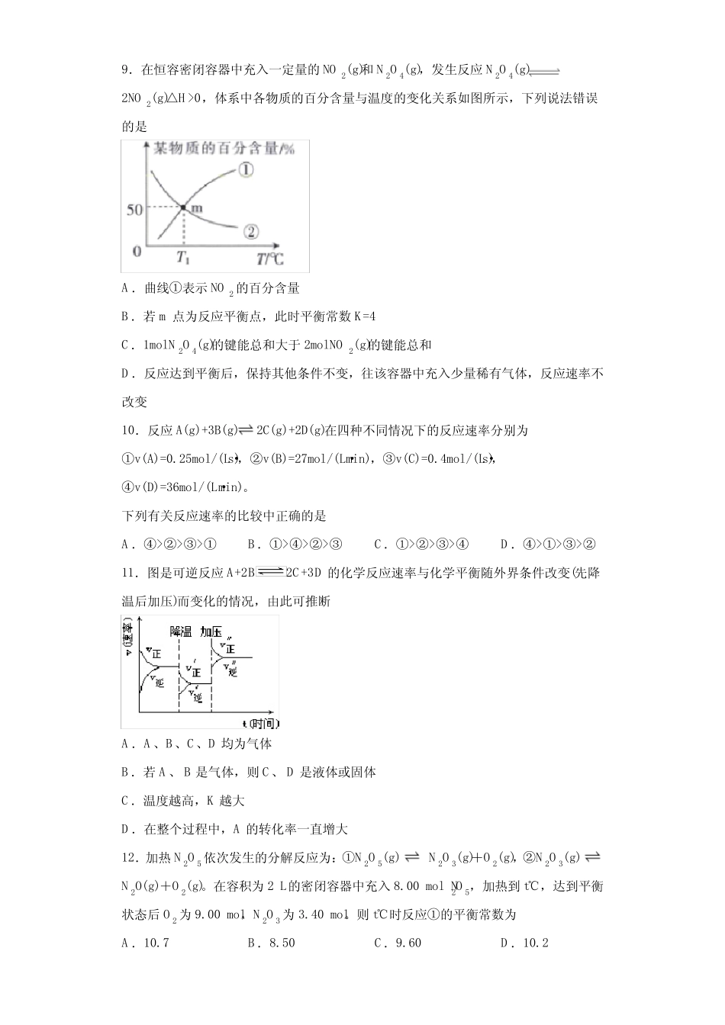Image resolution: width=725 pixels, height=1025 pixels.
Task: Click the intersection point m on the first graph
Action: [184, 206]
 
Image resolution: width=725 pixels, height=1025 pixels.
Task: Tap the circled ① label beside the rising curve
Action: [245, 170]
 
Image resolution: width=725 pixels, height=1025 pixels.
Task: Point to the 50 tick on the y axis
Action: [134, 209]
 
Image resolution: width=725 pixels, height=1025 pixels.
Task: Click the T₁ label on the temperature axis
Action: [183, 256]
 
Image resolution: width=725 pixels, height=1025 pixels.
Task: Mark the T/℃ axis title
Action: [269, 258]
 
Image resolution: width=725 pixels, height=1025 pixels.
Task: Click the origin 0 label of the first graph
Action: [137, 251]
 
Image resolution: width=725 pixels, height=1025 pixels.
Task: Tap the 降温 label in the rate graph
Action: [181, 631]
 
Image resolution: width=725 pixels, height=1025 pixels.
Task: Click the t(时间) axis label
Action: [259, 722]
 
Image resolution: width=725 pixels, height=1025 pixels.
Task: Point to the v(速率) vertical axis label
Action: [127, 639]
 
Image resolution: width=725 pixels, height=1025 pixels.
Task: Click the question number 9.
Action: [127, 71]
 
